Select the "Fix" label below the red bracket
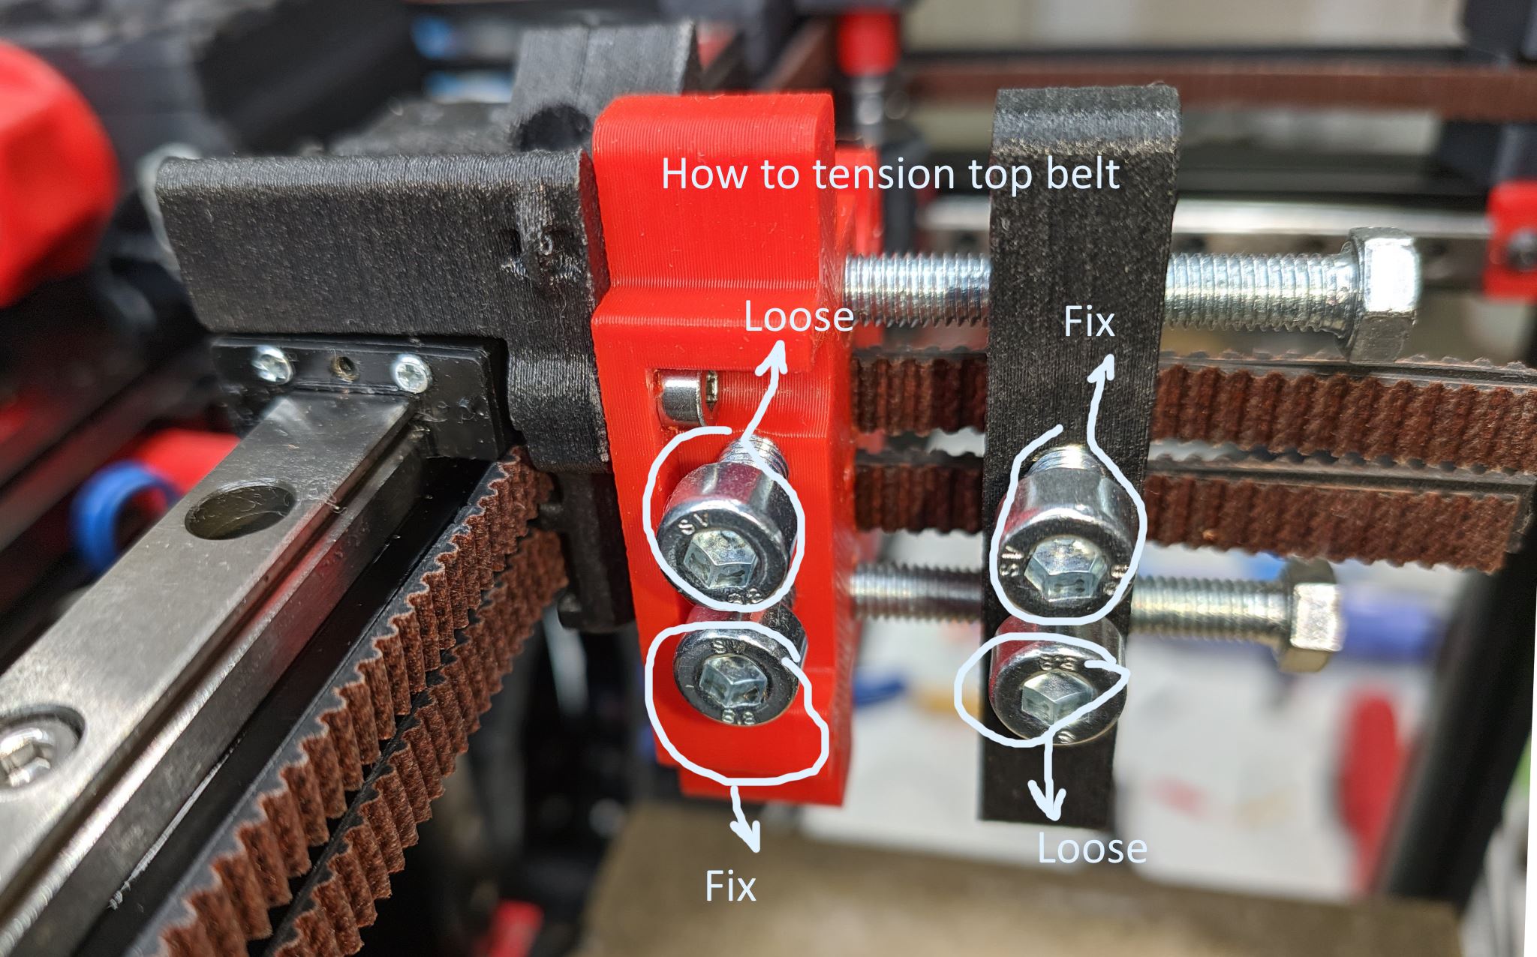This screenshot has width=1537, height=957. pyautogui.click(x=730, y=887)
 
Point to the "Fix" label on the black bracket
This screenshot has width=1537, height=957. pyautogui.click(x=1089, y=322)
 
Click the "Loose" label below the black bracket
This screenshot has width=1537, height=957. pyautogui.click(x=1092, y=848)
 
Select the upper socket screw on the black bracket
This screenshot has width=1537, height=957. pyautogui.click(x=1064, y=533)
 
